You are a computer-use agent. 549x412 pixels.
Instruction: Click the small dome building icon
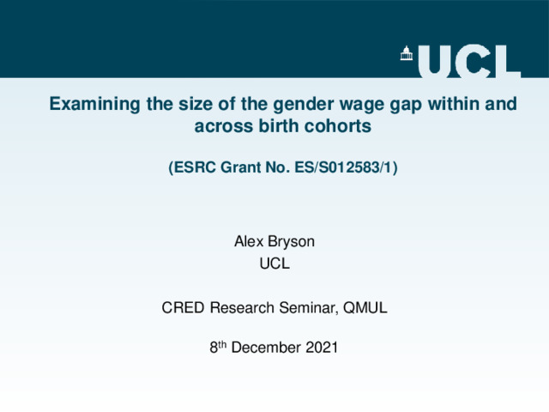tap(407, 53)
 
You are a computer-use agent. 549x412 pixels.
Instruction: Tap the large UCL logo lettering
tap(469, 61)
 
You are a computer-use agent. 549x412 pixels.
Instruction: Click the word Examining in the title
tap(95, 104)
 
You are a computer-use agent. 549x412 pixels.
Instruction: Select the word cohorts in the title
tap(337, 126)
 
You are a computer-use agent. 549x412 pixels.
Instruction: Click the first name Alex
tap(249, 241)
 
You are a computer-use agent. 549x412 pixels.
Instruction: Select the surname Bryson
tap(292, 242)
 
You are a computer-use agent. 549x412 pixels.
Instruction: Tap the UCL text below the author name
tap(274, 264)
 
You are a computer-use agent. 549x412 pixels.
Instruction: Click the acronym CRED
tap(183, 307)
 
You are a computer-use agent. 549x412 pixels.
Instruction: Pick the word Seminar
tap(309, 308)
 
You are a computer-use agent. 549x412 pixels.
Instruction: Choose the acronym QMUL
tap(365, 307)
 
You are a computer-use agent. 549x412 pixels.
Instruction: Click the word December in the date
tap(266, 348)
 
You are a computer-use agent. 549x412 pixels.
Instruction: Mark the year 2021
tap(322, 348)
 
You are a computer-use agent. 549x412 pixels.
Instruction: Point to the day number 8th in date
tap(218, 347)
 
